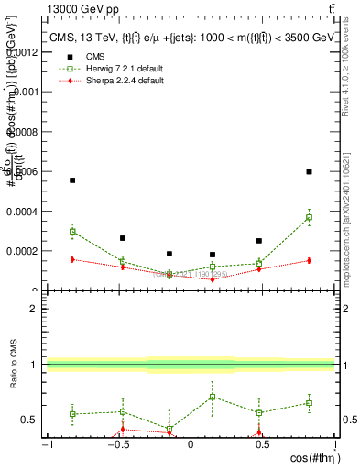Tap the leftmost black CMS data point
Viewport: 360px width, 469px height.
click(x=72, y=180)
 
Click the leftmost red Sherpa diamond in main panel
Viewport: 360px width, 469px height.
click(x=72, y=259)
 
